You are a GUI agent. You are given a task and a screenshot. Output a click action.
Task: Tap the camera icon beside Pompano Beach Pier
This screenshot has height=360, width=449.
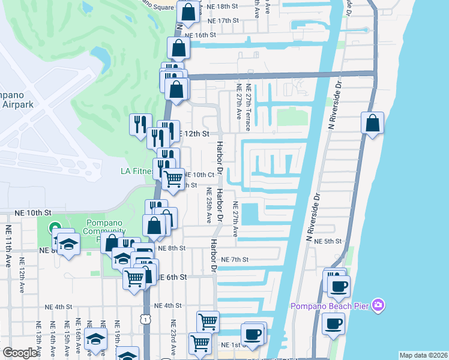click(378, 305)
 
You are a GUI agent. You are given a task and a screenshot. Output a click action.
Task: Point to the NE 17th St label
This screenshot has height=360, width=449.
click(222, 20)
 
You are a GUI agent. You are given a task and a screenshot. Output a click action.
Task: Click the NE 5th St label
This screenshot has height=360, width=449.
click(330, 241)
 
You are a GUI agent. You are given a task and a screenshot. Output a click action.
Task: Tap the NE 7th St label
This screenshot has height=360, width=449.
click(235, 259)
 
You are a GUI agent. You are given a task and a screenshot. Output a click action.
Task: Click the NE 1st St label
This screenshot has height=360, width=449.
click(231, 345)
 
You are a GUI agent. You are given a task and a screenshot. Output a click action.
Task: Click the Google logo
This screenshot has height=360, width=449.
click(20, 353)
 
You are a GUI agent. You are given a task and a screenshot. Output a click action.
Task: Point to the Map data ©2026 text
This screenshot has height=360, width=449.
click(423, 355)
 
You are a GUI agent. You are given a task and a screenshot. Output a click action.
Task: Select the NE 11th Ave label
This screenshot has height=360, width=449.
click(8, 246)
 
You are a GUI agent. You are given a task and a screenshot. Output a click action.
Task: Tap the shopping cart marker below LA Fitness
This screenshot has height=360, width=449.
click(173, 178)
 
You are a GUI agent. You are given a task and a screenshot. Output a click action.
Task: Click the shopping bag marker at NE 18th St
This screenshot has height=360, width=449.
click(188, 11)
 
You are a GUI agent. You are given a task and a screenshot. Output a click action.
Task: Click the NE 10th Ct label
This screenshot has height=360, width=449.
click(199, 175)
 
